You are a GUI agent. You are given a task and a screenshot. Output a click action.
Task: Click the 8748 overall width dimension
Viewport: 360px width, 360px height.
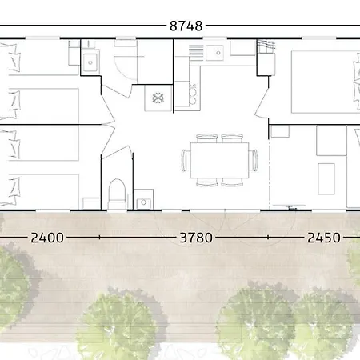pyautogui.click(x=186, y=26)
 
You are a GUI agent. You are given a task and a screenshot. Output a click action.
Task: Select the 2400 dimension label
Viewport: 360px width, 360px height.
pyautogui.click(x=47, y=238)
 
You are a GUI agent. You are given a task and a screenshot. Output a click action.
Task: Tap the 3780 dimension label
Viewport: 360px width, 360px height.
pyautogui.click(x=196, y=238)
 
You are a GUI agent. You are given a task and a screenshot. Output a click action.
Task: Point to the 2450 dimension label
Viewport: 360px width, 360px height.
pyautogui.click(x=324, y=238)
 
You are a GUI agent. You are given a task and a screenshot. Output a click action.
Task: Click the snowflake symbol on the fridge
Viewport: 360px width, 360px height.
pyautogui.click(x=158, y=98)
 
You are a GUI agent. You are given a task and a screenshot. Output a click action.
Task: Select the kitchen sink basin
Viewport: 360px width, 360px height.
pyautogui.click(x=214, y=53)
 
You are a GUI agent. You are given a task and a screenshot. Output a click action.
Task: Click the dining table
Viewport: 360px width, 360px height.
pyautogui.click(x=219, y=160)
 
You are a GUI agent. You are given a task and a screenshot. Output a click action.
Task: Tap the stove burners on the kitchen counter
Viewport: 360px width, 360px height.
pyautogui.click(x=193, y=94)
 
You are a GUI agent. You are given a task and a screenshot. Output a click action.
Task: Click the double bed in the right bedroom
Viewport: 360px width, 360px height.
pyautogui.click(x=326, y=82)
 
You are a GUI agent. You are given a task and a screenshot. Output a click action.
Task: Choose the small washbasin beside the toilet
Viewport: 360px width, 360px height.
pyautogui.click(x=143, y=203)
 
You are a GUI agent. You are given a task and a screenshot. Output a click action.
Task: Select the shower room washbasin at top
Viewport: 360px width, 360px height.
pyautogui.click(x=90, y=62)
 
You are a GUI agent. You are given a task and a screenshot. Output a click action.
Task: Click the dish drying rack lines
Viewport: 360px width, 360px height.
pyautogui.click(x=196, y=51)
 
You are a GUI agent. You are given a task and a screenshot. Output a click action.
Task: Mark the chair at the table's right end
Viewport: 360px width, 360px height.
pyautogui.click(x=254, y=160)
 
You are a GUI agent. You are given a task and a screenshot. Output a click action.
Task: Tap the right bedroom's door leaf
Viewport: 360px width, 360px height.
pyautogui.click(x=262, y=102)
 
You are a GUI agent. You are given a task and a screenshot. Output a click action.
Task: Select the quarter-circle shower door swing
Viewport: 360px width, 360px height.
pyautogui.click(x=126, y=68)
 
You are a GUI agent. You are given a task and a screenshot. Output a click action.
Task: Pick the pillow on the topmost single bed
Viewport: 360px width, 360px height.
pyautogui.click(x=14, y=58)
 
